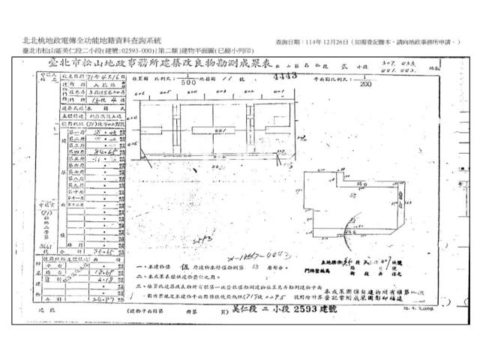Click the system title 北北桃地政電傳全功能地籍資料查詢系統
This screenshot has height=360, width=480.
pos(93,41)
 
